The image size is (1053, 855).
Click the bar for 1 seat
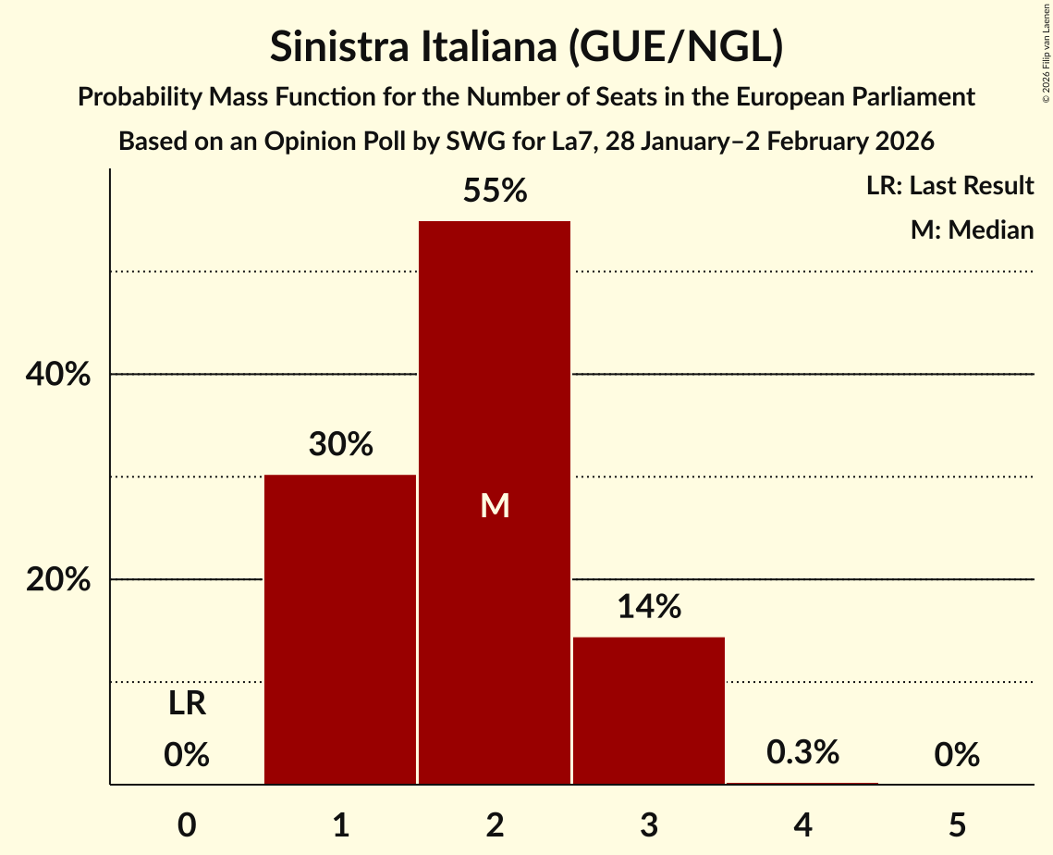click(x=340, y=629)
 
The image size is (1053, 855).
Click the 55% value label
click(x=495, y=192)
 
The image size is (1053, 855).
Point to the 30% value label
click(x=340, y=445)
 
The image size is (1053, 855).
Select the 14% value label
click(x=649, y=607)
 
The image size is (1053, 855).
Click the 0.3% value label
click(x=802, y=753)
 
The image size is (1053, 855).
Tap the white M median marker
click(x=495, y=505)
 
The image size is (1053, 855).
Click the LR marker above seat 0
click(x=187, y=705)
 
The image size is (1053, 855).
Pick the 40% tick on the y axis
click(x=57, y=376)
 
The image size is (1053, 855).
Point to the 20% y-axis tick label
click(x=57, y=581)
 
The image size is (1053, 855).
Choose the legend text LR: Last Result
click(x=949, y=186)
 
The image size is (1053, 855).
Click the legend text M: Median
click(x=972, y=229)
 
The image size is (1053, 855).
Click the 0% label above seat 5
click(x=957, y=755)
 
